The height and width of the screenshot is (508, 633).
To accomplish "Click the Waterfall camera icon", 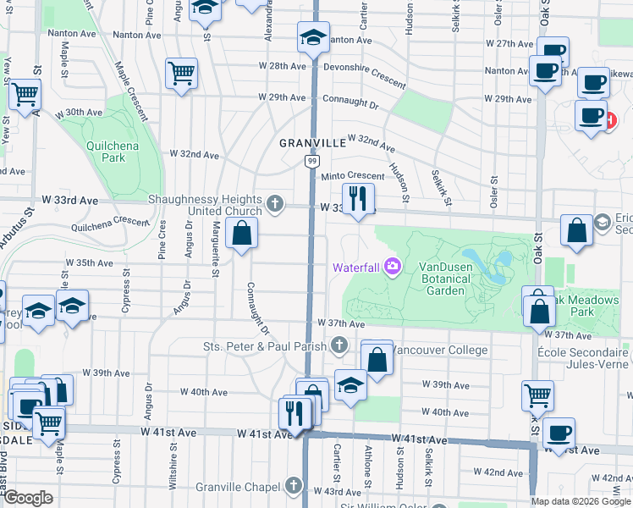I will [x=393, y=267].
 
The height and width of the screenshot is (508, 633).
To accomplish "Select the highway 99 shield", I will [x=312, y=161].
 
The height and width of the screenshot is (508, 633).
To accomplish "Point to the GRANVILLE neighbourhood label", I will [x=313, y=143].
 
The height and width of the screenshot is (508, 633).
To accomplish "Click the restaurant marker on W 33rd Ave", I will [x=358, y=200].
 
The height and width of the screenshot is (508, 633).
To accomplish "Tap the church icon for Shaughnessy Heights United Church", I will [x=274, y=203].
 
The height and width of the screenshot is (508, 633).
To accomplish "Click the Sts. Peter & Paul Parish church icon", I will [x=339, y=345].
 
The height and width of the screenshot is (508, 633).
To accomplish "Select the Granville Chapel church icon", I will [x=293, y=486].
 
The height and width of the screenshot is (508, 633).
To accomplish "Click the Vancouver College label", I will [x=441, y=350].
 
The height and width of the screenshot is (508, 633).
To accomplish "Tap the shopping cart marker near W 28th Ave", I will [x=182, y=74].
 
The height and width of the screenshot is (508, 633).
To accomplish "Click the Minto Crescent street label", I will [x=352, y=176].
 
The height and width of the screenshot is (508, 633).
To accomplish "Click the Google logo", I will [x=28, y=498].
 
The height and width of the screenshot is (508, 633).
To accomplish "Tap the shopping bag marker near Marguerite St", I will [x=242, y=232].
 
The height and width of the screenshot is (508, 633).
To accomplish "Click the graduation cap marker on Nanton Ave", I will [x=312, y=37].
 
